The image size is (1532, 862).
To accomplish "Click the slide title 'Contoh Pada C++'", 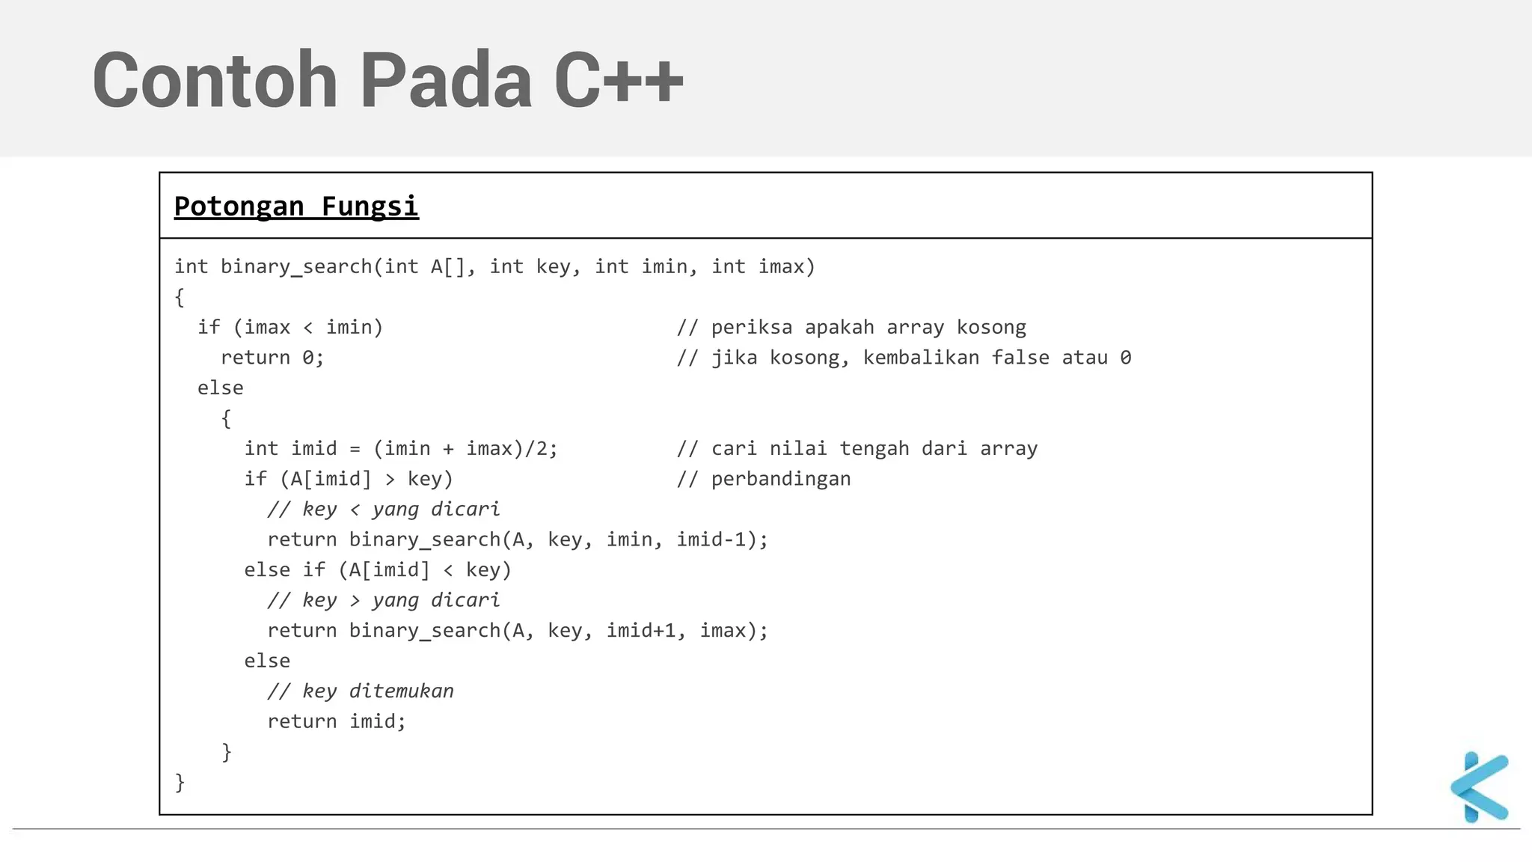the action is pos(387,80).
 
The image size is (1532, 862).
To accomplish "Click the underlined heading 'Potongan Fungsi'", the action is pos(296,207).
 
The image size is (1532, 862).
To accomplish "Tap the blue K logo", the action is pos(1480,787).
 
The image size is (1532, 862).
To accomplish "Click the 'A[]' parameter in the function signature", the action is pos(448,267).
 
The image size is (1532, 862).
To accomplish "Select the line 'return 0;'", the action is pos(272,358).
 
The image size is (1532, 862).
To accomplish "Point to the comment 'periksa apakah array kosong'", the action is pos(868,328).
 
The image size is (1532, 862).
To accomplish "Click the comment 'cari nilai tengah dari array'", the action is pos(874,449).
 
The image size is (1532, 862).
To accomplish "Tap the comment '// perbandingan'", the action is pos(764,479).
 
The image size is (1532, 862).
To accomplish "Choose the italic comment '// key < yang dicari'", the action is pos(384,510).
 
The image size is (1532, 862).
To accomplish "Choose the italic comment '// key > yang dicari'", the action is pos(384,600).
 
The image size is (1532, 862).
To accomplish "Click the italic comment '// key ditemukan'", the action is pos(361,691).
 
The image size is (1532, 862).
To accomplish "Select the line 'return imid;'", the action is pos(337,721).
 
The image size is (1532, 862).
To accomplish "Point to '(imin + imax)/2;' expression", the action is pos(465,449).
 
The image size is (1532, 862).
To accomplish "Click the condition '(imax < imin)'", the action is pos(308,328).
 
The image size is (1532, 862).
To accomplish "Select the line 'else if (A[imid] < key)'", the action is pos(378,570).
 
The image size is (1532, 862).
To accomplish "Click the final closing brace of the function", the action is pos(180,783).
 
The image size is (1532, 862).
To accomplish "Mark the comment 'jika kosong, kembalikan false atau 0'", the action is pos(921,358).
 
